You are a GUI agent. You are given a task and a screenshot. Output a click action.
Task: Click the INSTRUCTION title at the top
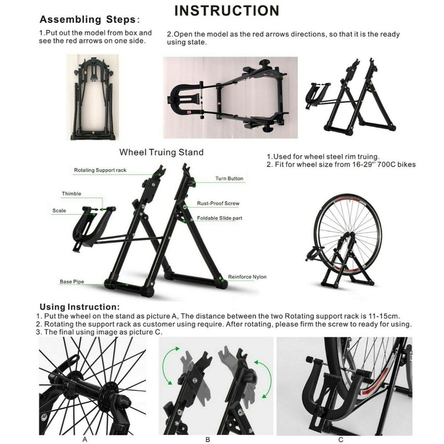(227, 11)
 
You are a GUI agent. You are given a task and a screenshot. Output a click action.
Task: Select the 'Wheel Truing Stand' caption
(162, 152)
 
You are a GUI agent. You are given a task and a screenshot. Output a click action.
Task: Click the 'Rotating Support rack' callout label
(100, 170)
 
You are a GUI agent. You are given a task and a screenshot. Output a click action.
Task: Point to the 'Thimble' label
(71, 194)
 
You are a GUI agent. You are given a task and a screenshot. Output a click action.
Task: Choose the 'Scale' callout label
(59, 210)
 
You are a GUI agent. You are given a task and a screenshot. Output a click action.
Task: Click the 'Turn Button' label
(230, 178)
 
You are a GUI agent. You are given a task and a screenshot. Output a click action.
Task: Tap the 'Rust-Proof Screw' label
(218, 203)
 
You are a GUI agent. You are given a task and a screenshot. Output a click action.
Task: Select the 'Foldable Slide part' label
(219, 218)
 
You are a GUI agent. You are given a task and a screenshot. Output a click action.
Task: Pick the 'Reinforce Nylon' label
(247, 277)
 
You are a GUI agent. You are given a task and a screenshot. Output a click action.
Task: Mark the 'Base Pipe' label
(72, 282)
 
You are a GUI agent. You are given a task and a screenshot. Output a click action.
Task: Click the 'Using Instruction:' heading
(79, 307)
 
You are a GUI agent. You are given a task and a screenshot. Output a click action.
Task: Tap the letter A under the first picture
(85, 440)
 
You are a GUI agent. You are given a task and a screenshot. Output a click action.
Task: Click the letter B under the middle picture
(207, 440)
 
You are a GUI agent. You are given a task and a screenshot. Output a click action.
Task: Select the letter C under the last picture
(341, 440)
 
